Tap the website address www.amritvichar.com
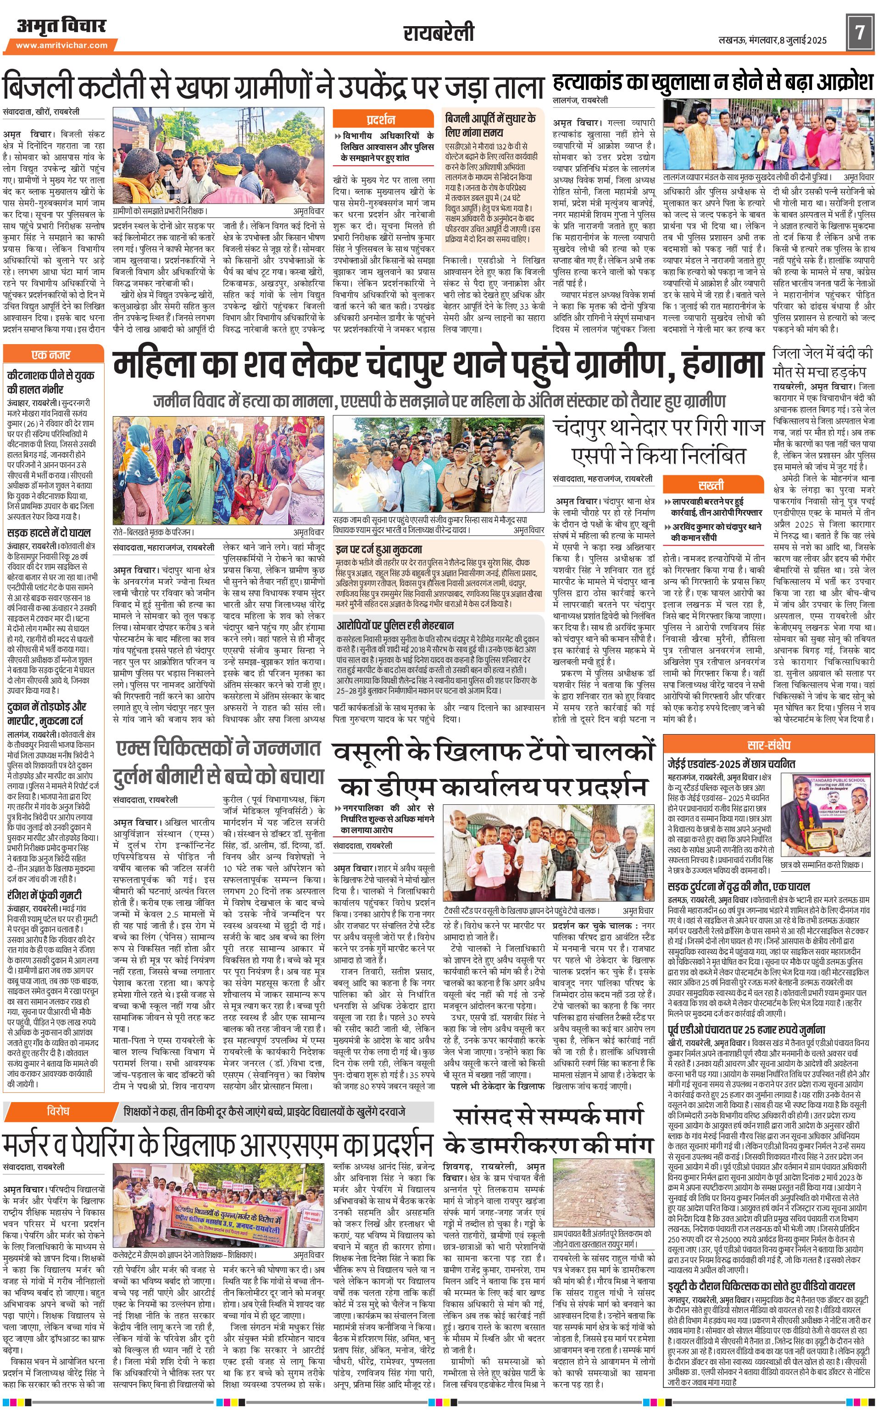61,45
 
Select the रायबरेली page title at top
439,33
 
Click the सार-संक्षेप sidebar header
769,745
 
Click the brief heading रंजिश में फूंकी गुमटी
44,895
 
